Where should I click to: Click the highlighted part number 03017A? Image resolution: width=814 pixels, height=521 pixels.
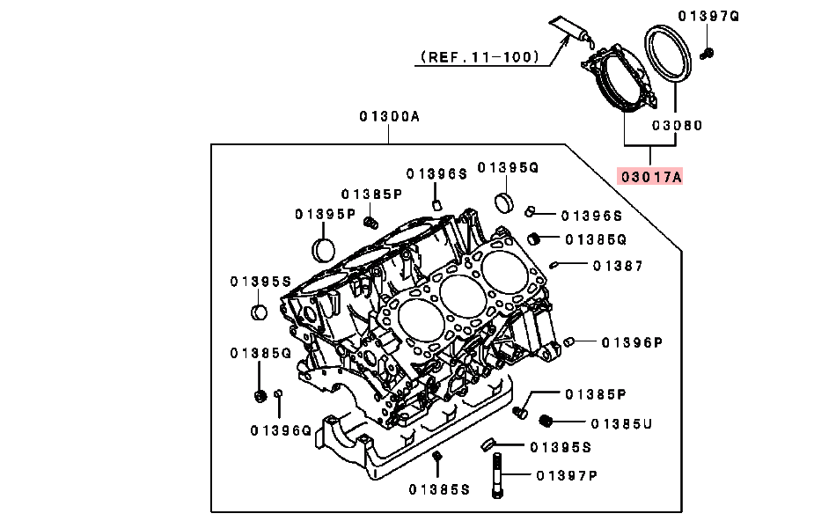point(650,176)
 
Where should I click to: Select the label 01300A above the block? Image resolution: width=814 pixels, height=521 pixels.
point(390,116)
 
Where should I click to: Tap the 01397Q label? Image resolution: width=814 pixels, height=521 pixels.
point(709,16)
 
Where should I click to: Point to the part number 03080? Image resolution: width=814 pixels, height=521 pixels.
point(677,126)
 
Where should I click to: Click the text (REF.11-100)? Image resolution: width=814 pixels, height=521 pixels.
point(479,57)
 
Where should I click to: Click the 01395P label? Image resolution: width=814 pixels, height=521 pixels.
point(325,213)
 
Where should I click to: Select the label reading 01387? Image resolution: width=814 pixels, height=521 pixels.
point(617,265)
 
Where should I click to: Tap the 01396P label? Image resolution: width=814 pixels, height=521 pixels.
point(632,342)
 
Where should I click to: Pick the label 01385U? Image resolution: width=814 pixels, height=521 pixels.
point(620,423)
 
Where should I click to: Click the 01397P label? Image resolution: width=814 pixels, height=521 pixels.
point(567,475)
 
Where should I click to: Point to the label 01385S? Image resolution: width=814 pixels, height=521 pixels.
point(439,488)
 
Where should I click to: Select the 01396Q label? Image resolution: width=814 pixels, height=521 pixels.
point(281,430)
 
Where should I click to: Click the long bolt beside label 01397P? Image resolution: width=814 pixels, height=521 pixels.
point(499,475)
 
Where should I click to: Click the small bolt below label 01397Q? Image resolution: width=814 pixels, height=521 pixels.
point(706,55)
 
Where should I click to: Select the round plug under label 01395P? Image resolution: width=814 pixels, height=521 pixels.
point(325,248)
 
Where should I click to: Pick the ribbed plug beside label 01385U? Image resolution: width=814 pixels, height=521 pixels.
point(546,422)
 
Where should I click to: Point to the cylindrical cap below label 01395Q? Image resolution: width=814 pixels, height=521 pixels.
point(504,200)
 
